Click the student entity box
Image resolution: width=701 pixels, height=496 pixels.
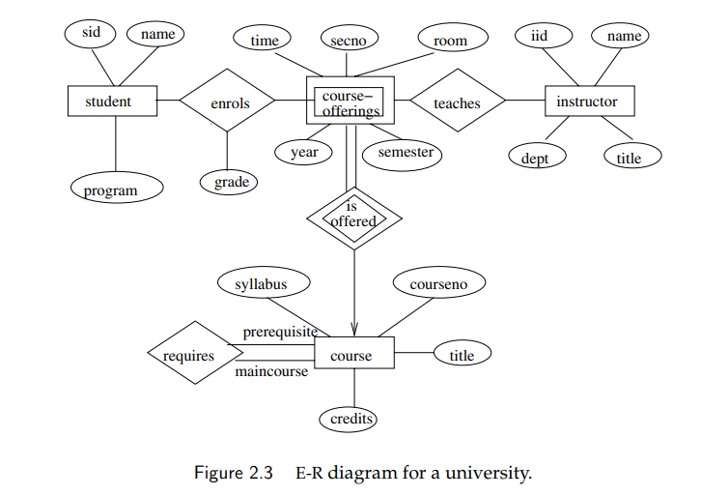(x=112, y=102)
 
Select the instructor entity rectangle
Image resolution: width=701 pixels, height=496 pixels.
(x=589, y=102)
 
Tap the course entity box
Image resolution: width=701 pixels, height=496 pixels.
(x=354, y=353)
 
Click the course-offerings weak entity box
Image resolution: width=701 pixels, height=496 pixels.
(x=350, y=101)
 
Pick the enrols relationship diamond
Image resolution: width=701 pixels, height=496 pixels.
(x=227, y=101)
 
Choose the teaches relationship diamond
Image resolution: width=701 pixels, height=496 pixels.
(x=458, y=101)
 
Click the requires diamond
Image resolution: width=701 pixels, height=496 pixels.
(x=195, y=353)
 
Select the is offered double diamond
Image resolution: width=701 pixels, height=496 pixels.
(x=354, y=219)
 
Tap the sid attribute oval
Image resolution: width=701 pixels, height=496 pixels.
(x=90, y=34)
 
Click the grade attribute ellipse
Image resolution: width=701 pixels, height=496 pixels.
(x=229, y=182)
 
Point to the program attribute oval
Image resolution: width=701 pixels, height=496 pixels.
(x=117, y=188)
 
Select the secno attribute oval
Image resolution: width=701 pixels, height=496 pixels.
(x=350, y=39)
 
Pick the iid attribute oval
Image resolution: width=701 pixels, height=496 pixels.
(x=544, y=36)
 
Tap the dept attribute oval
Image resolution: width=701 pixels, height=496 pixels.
(x=538, y=156)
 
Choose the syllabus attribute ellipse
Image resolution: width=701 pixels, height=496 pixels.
(x=264, y=282)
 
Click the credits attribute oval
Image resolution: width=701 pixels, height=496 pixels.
(x=348, y=419)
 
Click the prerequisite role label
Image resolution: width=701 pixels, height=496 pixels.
(x=280, y=332)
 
